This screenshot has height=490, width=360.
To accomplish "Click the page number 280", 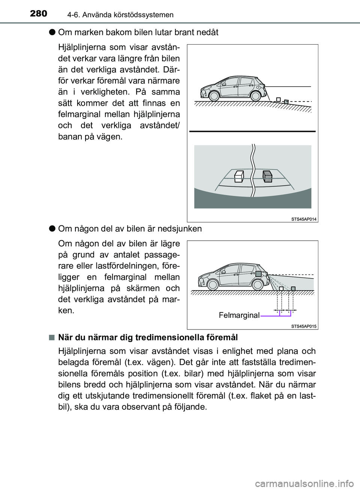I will tap(39, 13).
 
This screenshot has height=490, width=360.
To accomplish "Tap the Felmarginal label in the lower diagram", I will tap(239, 315).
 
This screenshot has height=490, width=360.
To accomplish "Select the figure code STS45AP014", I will tap(304, 219).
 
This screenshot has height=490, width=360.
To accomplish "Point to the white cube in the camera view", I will tap(238, 176).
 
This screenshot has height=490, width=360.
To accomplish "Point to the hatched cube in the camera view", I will tap(267, 176).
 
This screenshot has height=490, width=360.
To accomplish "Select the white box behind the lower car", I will tap(281, 288).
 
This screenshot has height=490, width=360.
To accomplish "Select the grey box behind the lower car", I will tap(293, 288).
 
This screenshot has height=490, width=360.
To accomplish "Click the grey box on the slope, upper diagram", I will tap(286, 102).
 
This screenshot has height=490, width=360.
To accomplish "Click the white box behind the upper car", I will tap(278, 99).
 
